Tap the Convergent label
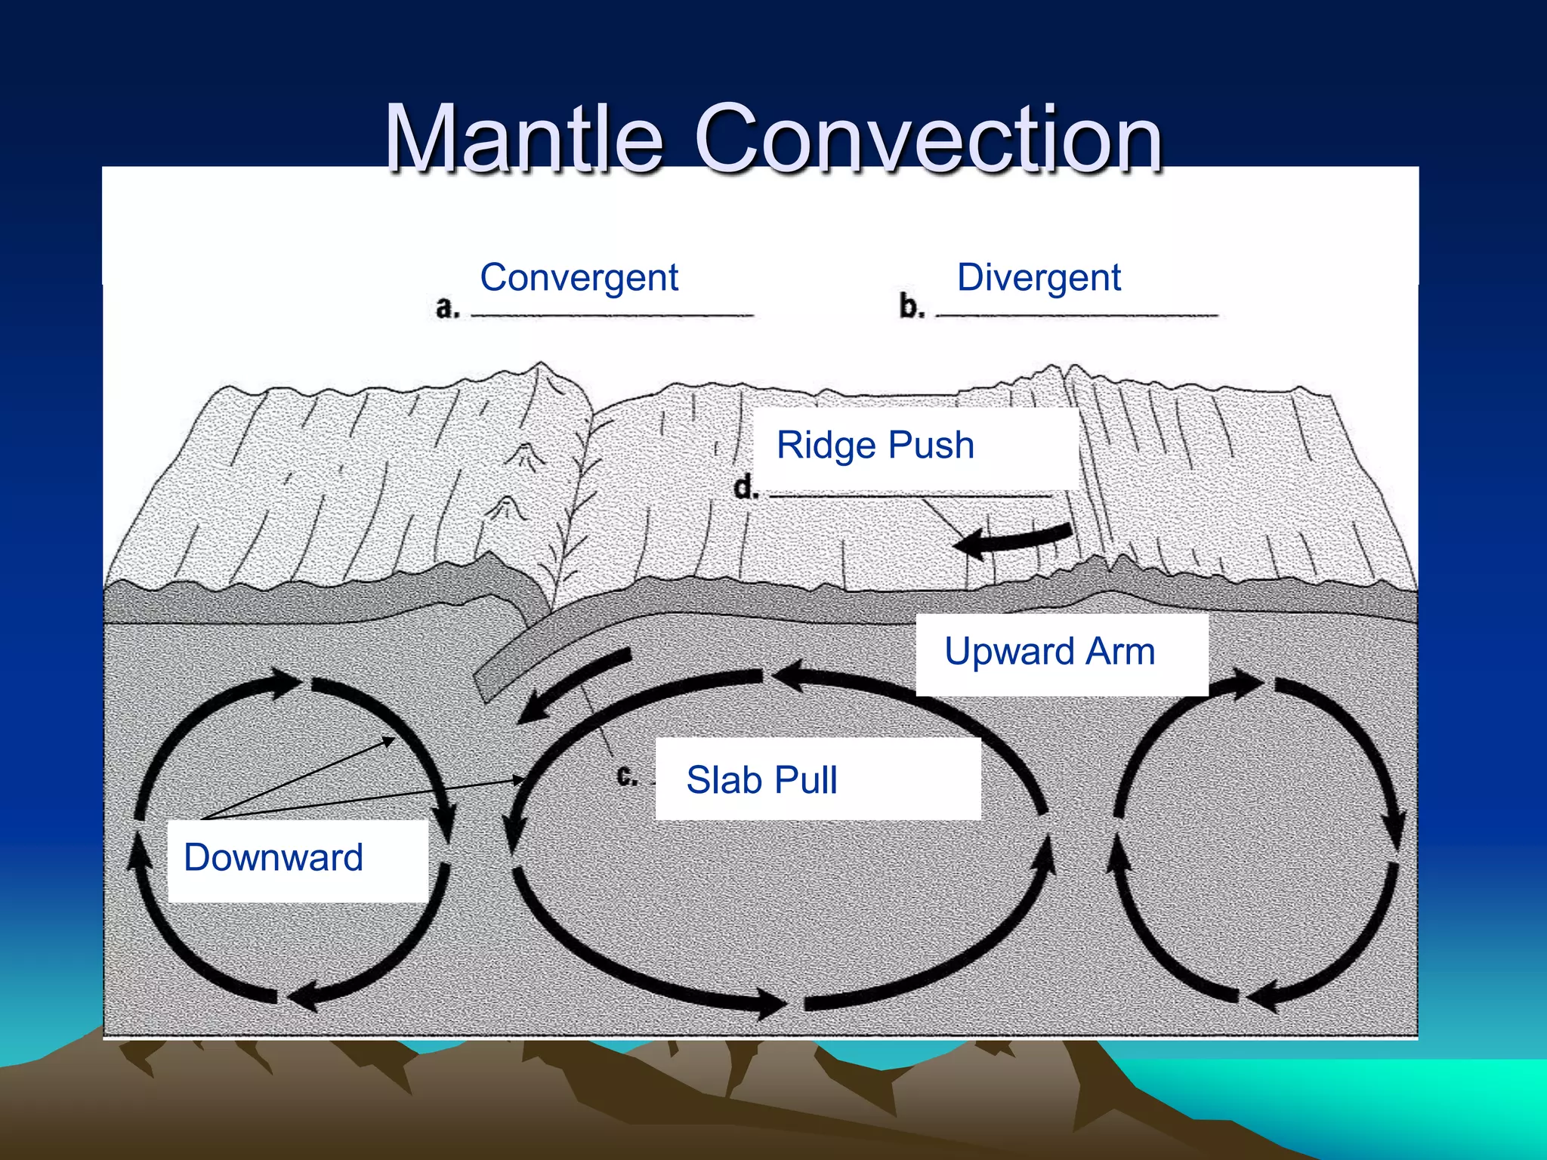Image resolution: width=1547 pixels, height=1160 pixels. click(x=579, y=277)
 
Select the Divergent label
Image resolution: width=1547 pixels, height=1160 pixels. click(x=1039, y=277)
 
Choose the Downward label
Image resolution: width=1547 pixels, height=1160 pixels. click(x=273, y=857)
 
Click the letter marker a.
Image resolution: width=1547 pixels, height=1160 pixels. click(x=447, y=307)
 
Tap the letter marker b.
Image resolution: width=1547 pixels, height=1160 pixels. click(x=912, y=307)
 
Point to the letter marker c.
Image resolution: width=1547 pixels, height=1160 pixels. click(x=627, y=776)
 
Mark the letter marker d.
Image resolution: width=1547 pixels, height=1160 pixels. click(x=746, y=487)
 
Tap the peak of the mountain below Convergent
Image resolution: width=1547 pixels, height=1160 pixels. click(x=539, y=365)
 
